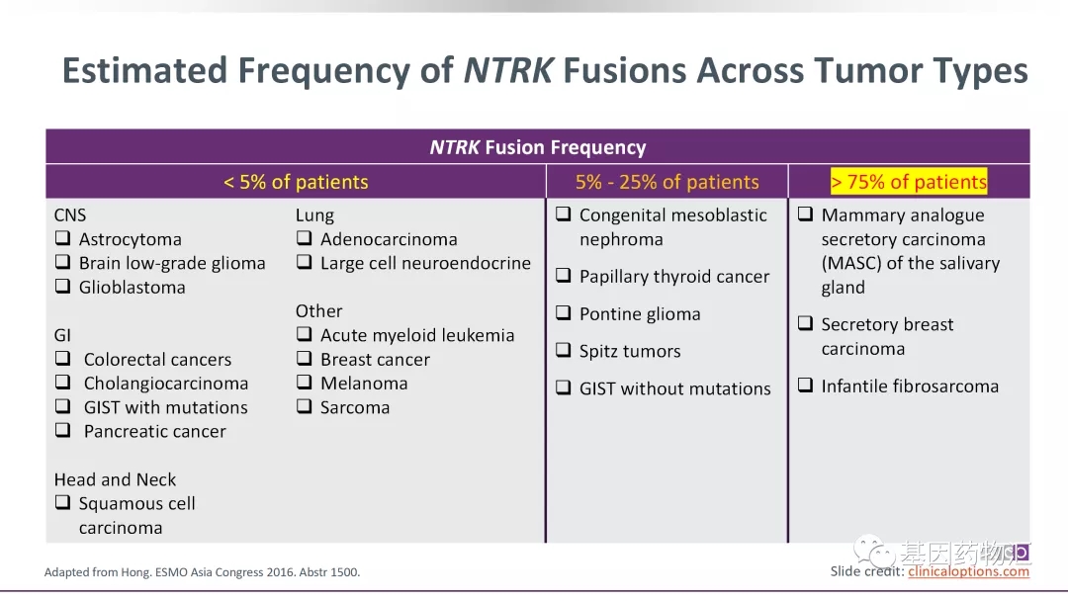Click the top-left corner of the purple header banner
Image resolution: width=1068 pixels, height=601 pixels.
coord(45,129)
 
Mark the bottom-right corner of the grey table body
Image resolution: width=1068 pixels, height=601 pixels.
coord(1029,543)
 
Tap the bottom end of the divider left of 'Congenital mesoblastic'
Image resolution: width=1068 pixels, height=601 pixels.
coord(546,543)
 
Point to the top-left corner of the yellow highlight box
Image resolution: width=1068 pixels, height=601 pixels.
coord(831,168)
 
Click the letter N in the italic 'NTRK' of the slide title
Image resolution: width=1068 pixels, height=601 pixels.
coord(476,70)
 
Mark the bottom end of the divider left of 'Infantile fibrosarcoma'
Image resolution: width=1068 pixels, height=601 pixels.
coord(788,543)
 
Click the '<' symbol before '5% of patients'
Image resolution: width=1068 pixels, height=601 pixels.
coord(228,183)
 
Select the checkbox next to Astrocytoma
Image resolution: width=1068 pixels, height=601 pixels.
coord(62,238)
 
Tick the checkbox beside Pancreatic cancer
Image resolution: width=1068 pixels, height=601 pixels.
coord(62,430)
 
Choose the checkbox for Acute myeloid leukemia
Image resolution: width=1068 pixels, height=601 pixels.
coord(305,334)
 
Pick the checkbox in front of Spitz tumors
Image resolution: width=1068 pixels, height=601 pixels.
coord(564,350)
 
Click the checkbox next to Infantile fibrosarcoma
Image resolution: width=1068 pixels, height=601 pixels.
coord(805,386)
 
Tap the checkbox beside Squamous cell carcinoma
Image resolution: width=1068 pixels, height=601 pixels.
coord(62,502)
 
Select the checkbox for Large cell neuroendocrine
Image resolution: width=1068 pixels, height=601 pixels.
coord(305,262)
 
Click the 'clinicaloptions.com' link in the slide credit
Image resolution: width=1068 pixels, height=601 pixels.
coord(968,571)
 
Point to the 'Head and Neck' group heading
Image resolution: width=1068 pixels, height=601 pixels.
coord(115,479)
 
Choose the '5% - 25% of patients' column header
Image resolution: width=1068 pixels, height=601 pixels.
coord(667,182)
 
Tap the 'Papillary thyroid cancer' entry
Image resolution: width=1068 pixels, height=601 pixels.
coord(674,277)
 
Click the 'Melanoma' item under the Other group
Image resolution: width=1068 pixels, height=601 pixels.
coord(364,384)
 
